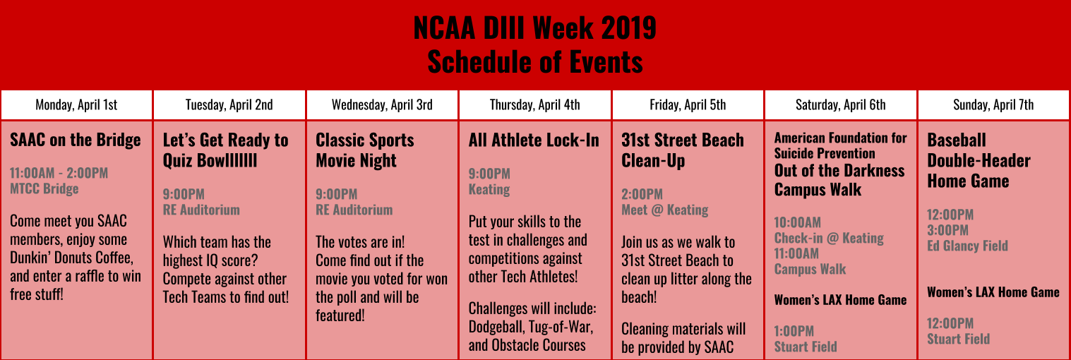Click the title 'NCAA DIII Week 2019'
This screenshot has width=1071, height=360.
(534, 28)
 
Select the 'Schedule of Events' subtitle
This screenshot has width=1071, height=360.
(535, 61)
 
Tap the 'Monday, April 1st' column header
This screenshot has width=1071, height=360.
(76, 104)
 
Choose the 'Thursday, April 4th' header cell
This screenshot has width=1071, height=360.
(534, 104)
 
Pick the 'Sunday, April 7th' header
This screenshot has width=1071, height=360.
(993, 104)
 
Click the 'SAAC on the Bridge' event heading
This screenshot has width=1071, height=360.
(76, 140)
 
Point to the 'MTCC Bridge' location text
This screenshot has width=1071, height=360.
(44, 189)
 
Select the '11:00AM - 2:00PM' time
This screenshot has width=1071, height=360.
(59, 173)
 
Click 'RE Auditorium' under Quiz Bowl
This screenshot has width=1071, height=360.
(201, 210)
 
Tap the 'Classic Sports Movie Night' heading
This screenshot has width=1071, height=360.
(365, 150)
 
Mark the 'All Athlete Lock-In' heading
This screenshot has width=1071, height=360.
(534, 140)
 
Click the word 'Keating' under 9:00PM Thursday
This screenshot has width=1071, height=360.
(489, 189)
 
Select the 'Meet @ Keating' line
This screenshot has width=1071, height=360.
(664, 210)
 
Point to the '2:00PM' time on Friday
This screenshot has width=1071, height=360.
(642, 194)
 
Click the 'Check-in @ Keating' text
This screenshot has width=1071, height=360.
(829, 238)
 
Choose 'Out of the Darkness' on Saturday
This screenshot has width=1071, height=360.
(839, 171)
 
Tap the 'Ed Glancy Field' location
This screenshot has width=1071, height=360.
(968, 246)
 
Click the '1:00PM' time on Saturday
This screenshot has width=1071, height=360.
(794, 331)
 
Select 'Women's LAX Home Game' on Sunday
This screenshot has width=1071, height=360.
(993, 292)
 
